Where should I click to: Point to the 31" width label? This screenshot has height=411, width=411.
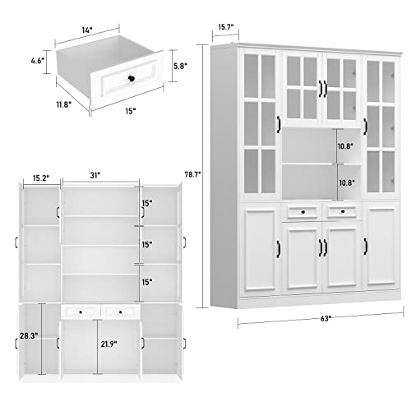click(99, 175)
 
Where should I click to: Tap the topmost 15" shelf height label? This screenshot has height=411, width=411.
click(146, 203)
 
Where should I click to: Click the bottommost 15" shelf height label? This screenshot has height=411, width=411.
click(146, 283)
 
